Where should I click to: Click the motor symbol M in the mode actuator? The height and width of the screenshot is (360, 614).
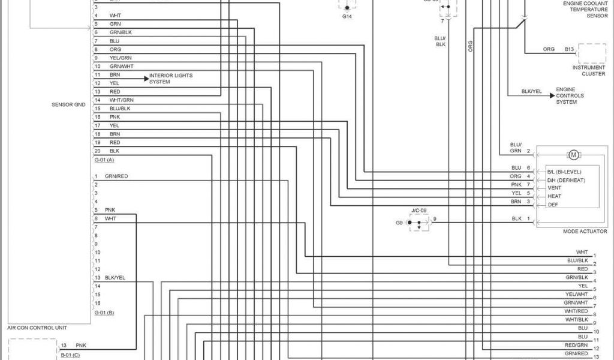coord(573,155)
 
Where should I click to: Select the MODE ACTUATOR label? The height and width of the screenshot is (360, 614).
coord(585,232)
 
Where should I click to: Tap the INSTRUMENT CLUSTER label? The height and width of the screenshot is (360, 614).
coord(589,71)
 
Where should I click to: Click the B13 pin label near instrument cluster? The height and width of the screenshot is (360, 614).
coord(569,49)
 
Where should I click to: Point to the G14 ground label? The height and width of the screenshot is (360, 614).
coord(347,17)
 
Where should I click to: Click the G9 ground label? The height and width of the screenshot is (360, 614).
coord(399,223)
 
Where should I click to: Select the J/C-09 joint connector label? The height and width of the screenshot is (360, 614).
coord(419,211)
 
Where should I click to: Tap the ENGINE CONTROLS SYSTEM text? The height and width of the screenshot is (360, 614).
coord(570,95)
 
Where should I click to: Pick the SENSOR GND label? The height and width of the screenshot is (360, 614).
coord(69,104)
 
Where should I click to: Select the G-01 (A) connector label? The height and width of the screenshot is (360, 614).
coord(104,160)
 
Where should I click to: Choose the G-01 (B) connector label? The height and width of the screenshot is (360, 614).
coord(104,313)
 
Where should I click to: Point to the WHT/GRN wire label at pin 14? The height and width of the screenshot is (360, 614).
coord(122,100)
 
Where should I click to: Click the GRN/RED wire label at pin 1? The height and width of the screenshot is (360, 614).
coord(116,176)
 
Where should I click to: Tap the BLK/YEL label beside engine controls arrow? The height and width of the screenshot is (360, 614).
coord(531,92)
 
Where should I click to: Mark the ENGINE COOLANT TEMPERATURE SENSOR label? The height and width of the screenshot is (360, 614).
coord(585,10)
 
